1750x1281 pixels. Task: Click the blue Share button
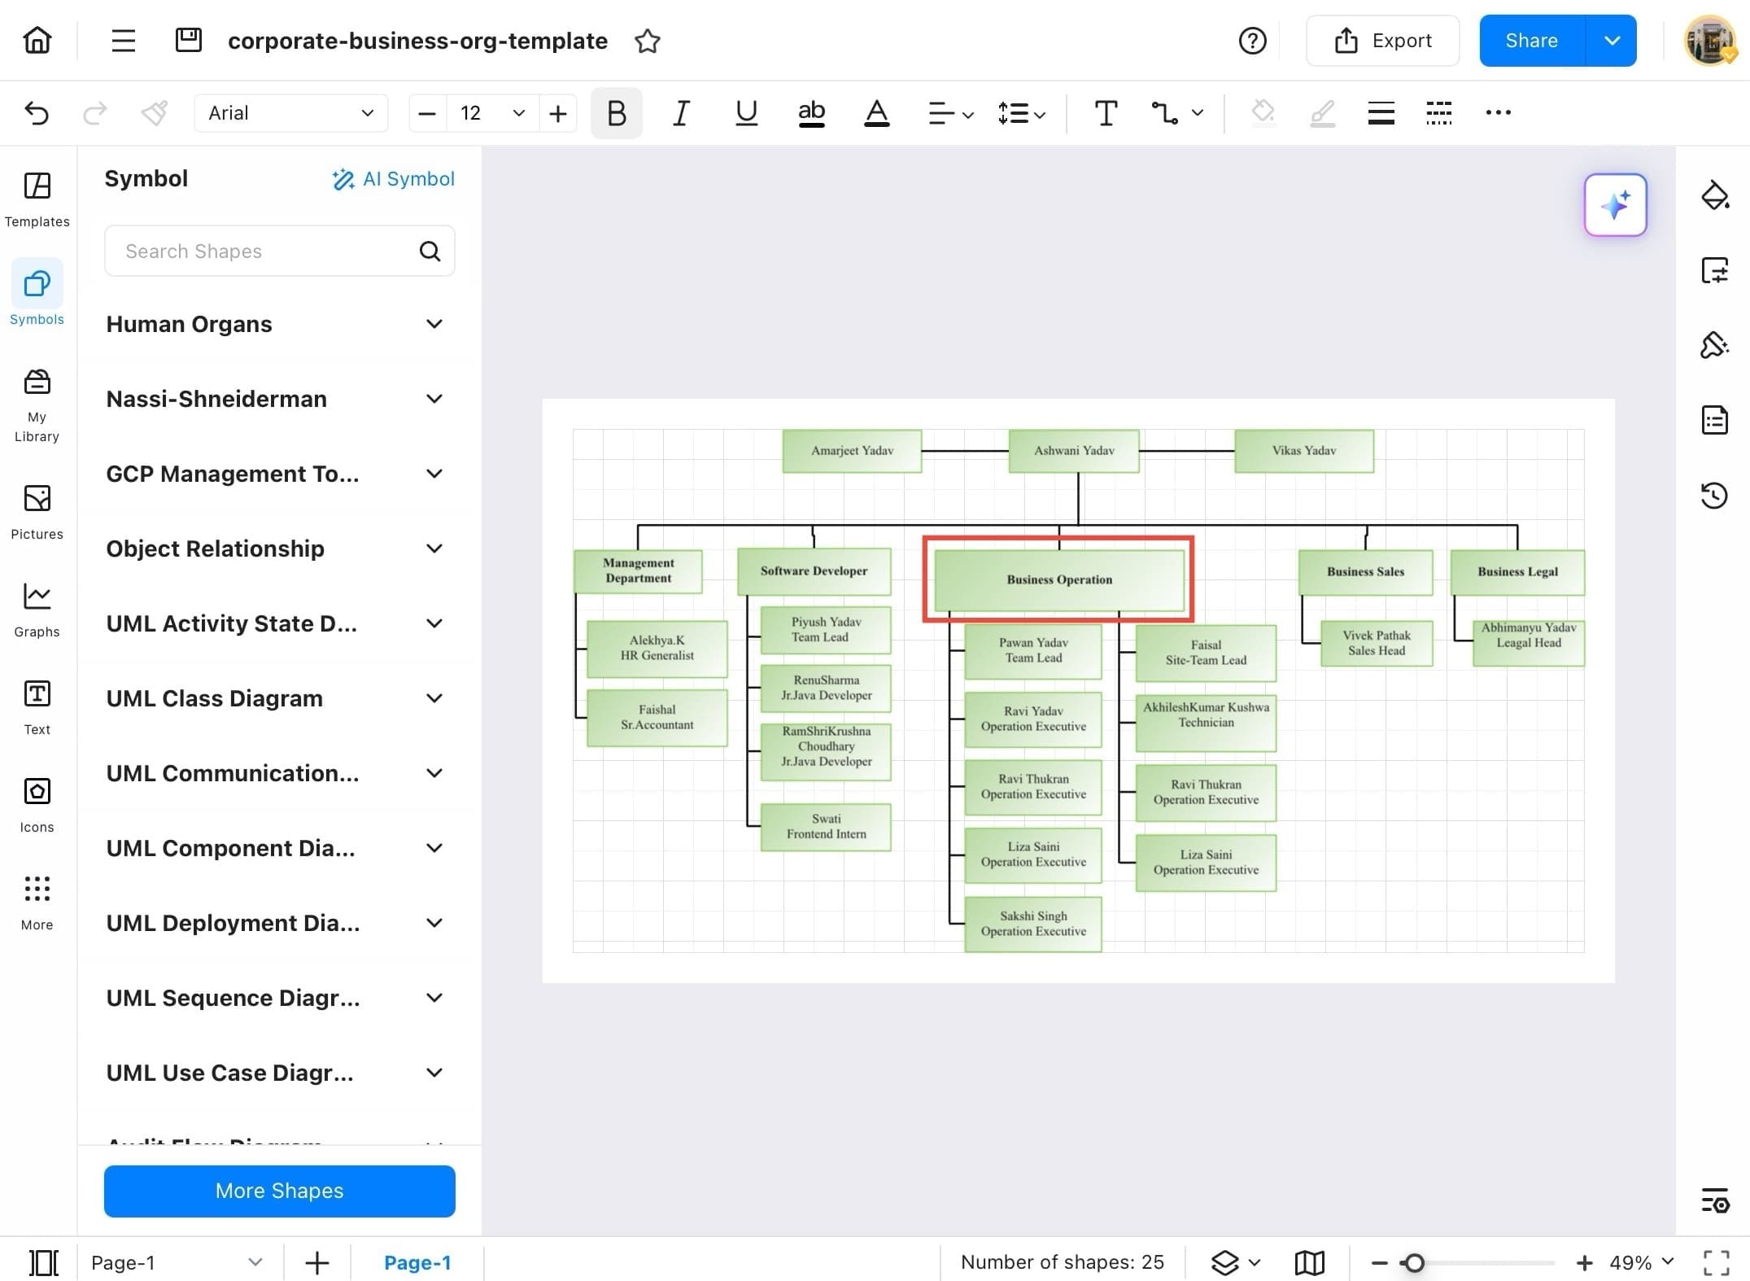click(1530, 41)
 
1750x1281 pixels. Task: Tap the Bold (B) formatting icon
click(616, 113)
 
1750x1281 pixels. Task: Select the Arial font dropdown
click(290, 113)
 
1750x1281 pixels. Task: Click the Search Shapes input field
click(268, 251)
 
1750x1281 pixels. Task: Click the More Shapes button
click(279, 1191)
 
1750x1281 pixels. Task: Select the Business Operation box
click(1058, 579)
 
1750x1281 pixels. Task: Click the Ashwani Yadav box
click(1074, 451)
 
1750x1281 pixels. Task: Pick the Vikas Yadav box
click(1303, 451)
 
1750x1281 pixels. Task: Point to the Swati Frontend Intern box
click(826, 827)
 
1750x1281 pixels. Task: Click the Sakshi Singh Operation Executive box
click(1032, 924)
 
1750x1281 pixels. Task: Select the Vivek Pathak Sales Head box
click(1376, 643)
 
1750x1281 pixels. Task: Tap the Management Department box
click(638, 571)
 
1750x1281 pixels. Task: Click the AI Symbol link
click(394, 179)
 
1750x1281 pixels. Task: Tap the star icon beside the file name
click(648, 41)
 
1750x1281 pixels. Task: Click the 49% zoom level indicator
click(1630, 1262)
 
